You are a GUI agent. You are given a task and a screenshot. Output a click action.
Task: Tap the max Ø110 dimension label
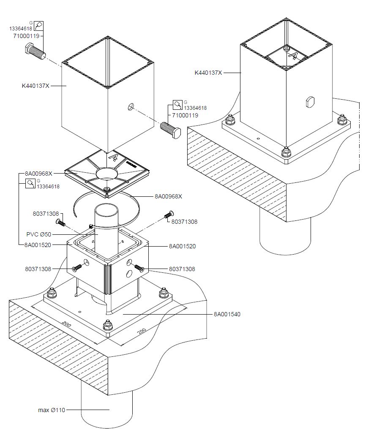(x=52, y=410)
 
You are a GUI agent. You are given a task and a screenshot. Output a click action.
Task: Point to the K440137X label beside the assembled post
(x=208, y=73)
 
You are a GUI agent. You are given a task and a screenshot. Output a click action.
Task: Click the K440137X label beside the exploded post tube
(x=36, y=86)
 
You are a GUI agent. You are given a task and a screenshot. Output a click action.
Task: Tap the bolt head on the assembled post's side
(x=310, y=101)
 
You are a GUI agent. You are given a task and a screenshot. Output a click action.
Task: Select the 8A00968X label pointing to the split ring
(x=168, y=196)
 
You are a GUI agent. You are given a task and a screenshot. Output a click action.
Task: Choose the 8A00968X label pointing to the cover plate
(x=38, y=174)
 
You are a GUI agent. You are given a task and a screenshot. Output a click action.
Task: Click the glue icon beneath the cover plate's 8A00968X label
(x=30, y=184)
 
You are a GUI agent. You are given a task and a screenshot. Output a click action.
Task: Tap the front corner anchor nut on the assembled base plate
(x=286, y=151)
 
